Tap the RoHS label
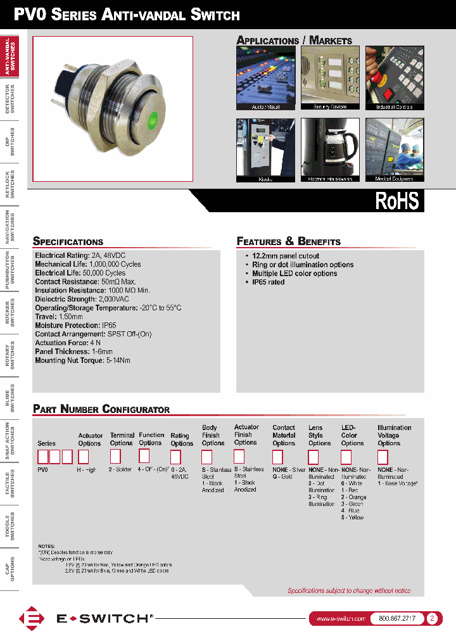point(397,201)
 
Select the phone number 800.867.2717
point(396,618)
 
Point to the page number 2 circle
point(433,618)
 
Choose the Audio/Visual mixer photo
point(265,78)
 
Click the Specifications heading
point(68,241)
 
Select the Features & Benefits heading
point(288,241)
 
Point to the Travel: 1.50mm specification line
point(59,316)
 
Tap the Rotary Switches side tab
point(9,356)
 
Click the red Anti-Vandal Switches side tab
point(9,56)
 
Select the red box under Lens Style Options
point(313,456)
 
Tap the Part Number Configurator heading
point(101,409)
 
